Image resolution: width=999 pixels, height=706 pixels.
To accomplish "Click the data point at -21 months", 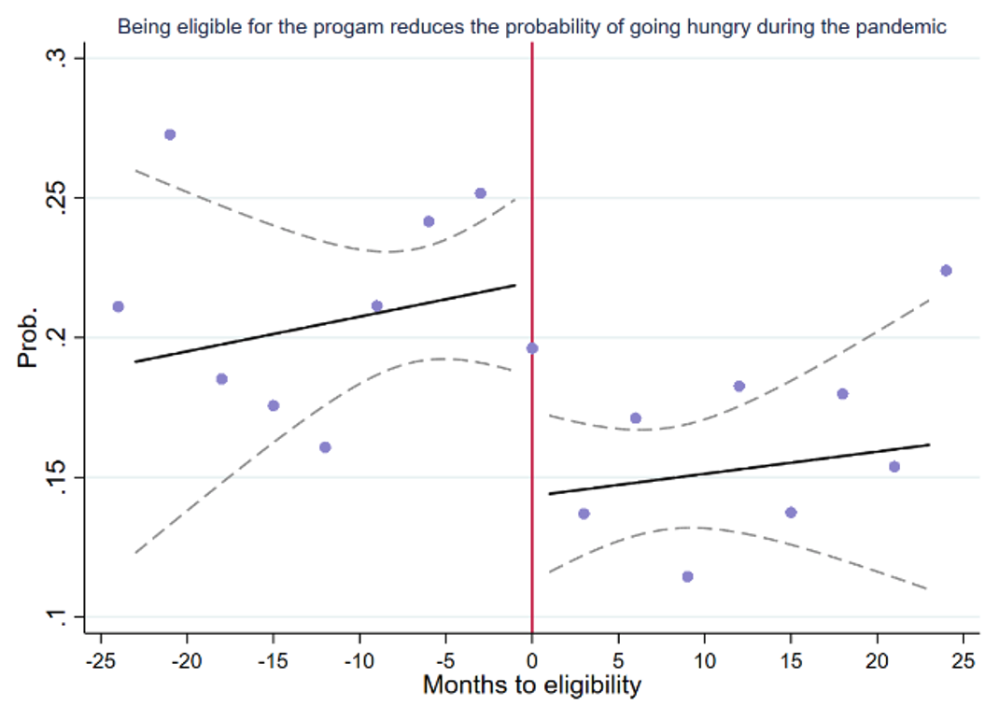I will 170,134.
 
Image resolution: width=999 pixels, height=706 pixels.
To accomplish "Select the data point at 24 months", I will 946,271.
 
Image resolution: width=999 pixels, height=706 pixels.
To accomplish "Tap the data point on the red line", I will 532,348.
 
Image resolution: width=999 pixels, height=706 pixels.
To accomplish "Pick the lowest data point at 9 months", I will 687,576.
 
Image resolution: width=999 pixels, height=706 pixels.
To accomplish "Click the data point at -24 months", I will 119,306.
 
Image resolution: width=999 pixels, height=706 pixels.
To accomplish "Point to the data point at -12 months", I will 325,447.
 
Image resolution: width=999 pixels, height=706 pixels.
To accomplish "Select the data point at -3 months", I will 480,193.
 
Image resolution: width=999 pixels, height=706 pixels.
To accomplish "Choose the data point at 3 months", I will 584,514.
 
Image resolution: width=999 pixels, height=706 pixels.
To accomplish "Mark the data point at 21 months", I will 893,467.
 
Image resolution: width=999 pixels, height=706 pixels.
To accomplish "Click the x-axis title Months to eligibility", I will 532,685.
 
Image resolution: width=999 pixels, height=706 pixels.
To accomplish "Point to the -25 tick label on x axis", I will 101,661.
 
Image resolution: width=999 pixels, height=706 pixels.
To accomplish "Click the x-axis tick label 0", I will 532,661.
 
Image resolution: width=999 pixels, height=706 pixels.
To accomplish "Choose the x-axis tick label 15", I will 790,661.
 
